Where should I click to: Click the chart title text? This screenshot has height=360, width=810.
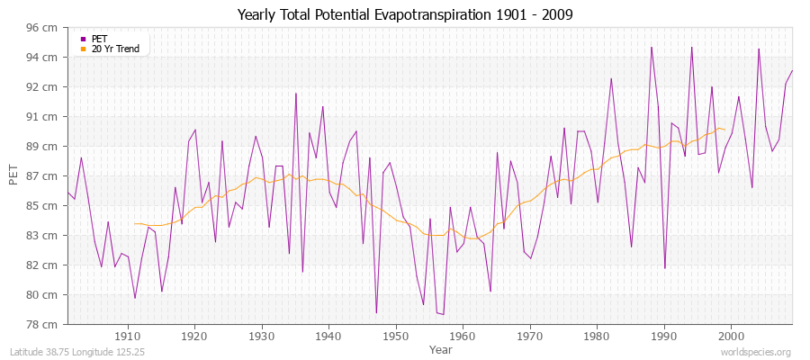pos(405,15)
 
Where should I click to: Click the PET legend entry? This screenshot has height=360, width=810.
pos(99,39)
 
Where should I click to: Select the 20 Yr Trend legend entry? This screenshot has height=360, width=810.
pos(114,49)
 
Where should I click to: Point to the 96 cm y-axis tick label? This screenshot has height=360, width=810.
pos(43,28)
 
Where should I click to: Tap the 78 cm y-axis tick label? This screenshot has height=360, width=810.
pos(43,324)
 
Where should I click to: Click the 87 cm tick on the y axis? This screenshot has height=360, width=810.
pos(43,176)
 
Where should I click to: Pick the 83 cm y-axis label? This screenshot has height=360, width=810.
pos(43,236)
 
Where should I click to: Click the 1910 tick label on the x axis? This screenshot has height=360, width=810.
pos(128,336)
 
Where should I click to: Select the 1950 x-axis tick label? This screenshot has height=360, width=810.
pos(395,336)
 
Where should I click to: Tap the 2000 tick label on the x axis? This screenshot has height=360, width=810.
pos(730,336)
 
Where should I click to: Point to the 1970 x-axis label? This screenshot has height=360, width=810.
pos(529,336)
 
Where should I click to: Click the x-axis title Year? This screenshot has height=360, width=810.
pos(441,348)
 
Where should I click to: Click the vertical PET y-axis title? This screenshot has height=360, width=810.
pos(13,175)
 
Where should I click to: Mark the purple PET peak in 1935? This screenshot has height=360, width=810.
pos(295,93)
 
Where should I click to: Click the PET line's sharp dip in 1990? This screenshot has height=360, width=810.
pos(664,268)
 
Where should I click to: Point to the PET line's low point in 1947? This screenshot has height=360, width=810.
pos(376,313)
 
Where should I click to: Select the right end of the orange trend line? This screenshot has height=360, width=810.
pos(724,129)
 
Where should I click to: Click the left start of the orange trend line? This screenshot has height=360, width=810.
pos(134,223)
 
